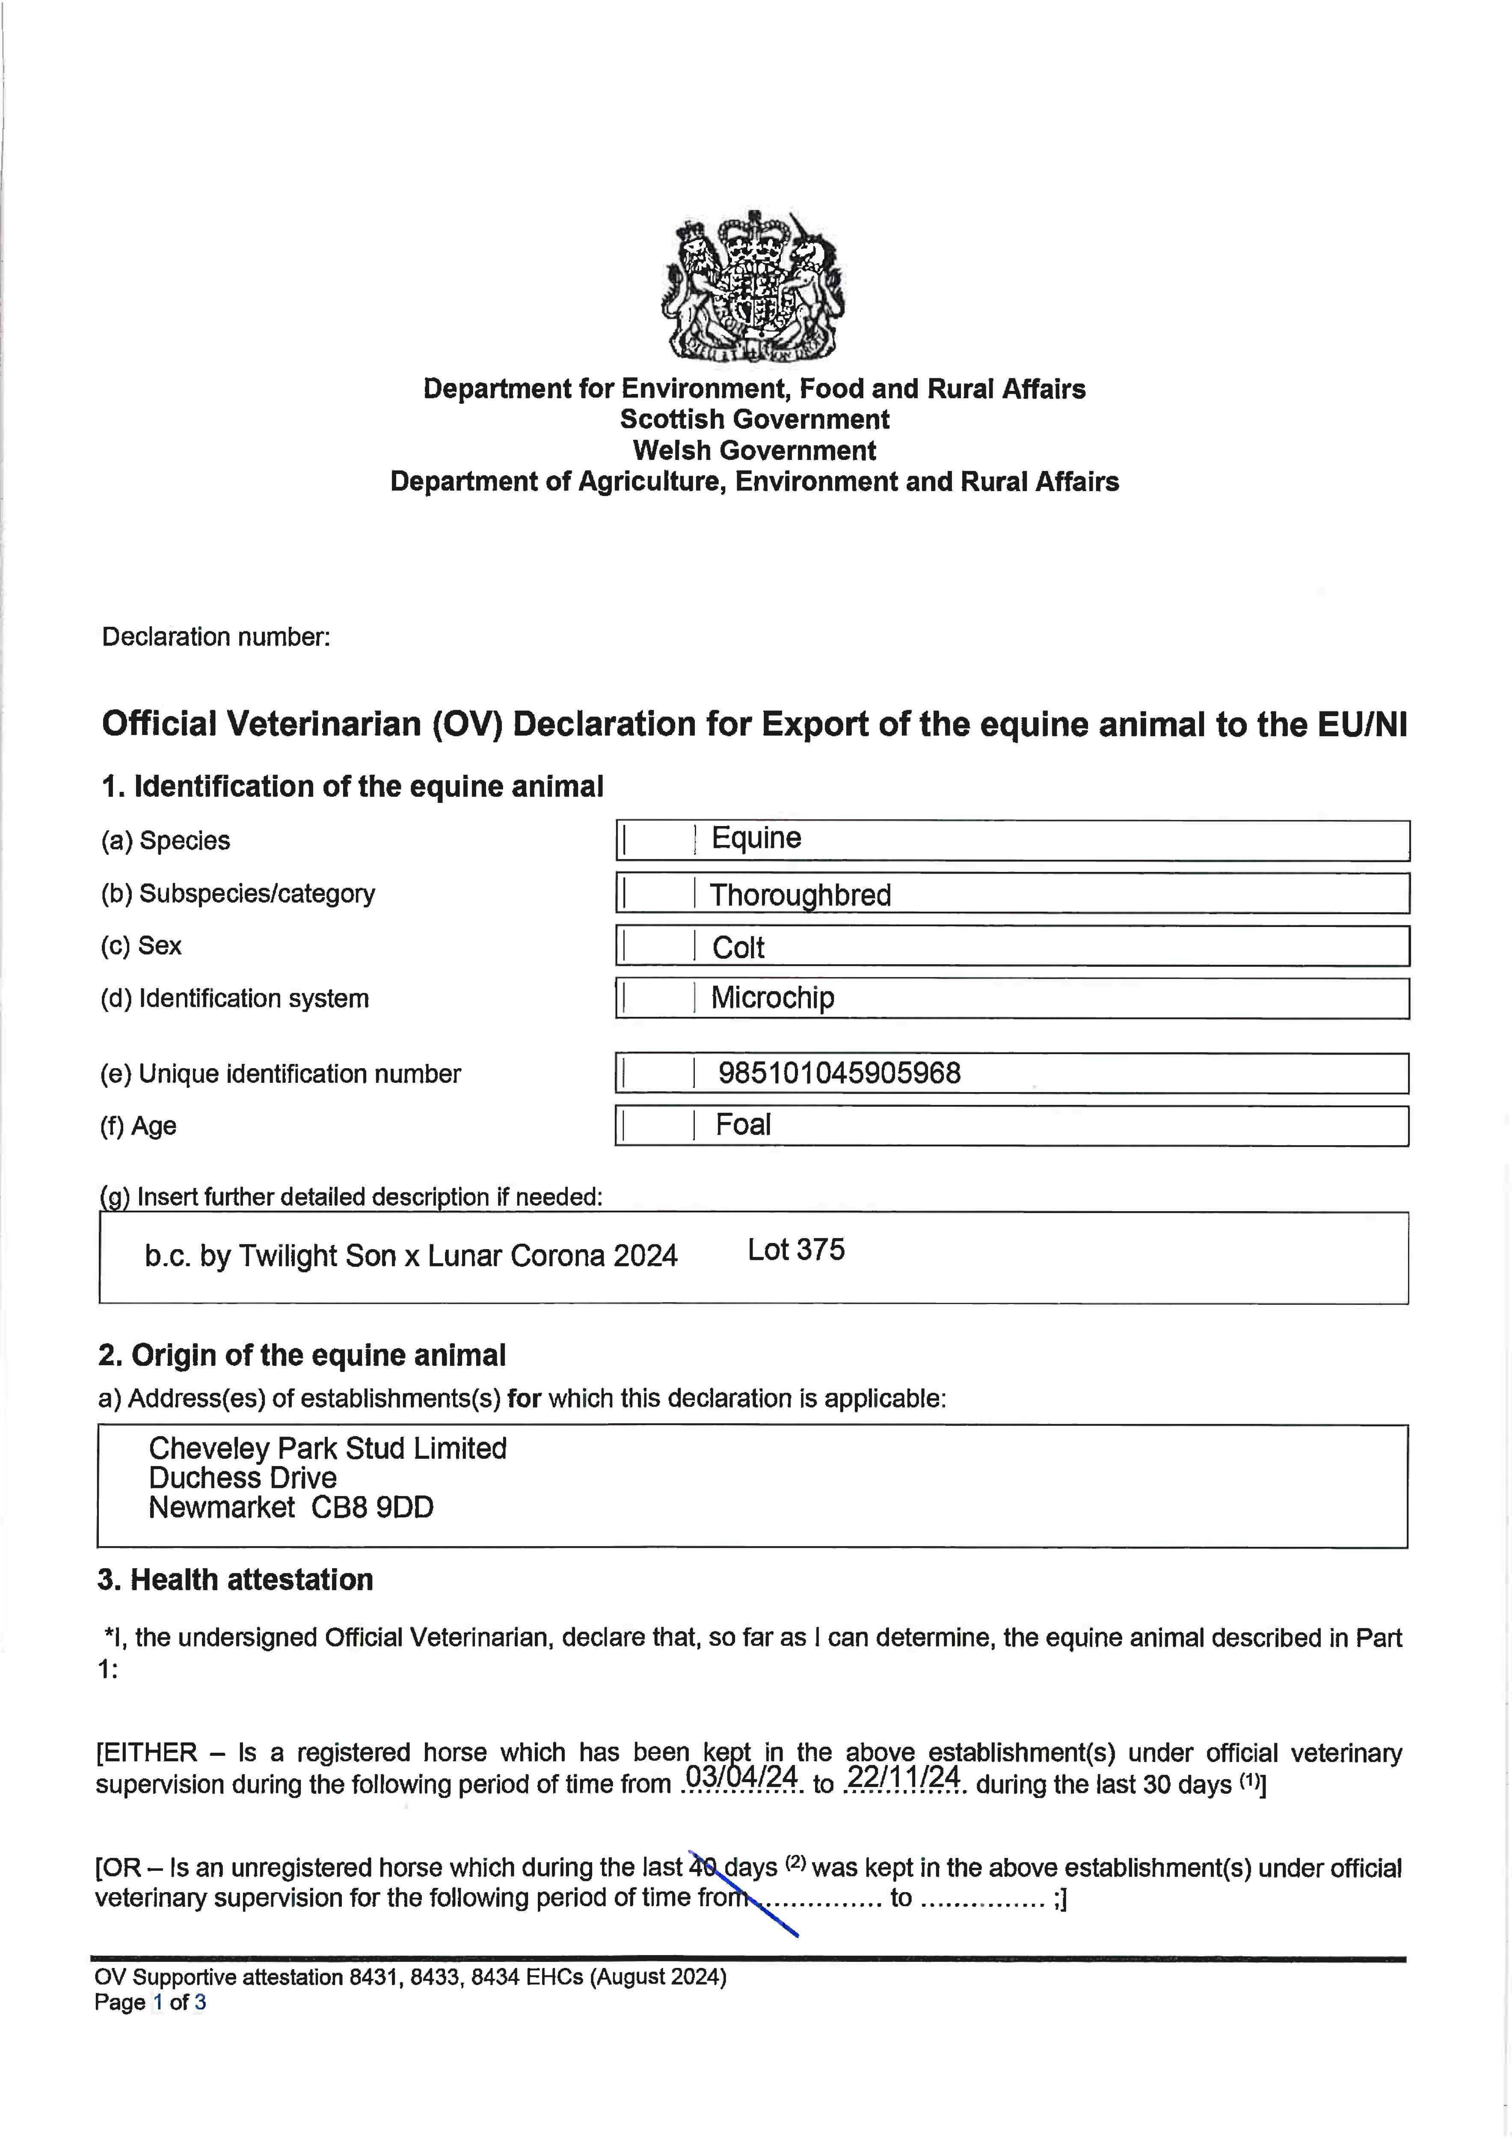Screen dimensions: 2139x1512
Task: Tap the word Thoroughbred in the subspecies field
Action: (800, 895)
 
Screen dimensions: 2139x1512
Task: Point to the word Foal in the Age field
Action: (742, 1126)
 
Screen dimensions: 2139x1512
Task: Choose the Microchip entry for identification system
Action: (772, 998)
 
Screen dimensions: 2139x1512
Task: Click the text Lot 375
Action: (796, 1250)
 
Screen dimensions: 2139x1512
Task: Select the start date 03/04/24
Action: (741, 1778)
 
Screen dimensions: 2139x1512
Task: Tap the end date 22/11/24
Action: (904, 1778)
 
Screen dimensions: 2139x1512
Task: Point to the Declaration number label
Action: (216, 637)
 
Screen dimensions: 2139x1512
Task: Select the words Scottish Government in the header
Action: (755, 419)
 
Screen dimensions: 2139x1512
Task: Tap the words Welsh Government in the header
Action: (755, 451)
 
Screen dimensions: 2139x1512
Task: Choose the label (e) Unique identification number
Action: (280, 1074)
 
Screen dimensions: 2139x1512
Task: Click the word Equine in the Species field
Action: (756, 838)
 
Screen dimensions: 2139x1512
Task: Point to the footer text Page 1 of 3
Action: (150, 2002)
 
